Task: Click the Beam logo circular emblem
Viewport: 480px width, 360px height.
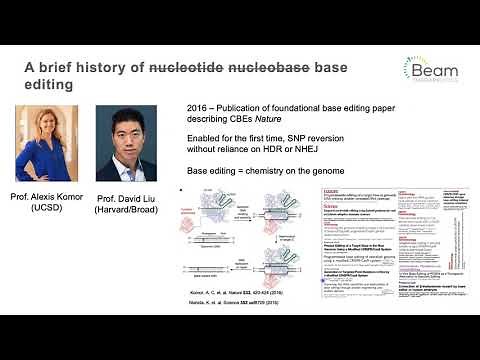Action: pos(420,67)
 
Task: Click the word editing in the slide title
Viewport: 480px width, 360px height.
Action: pos(49,85)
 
